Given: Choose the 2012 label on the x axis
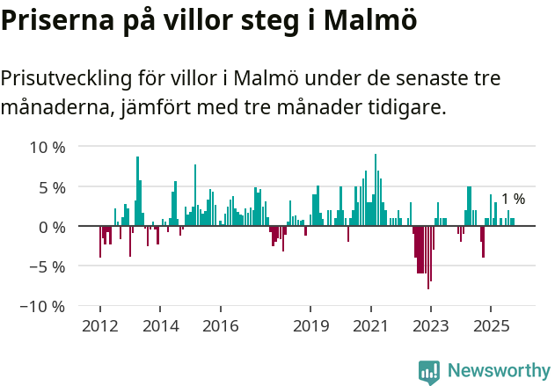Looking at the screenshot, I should tap(99, 326).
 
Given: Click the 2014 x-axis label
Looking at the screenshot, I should tap(160, 326).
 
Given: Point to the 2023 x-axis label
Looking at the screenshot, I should tap(431, 326).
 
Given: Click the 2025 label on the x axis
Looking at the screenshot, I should tap(491, 326).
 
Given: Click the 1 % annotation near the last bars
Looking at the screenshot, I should tap(513, 199).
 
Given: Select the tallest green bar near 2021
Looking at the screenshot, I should tap(376, 190).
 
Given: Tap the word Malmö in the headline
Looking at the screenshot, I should tap(366, 20).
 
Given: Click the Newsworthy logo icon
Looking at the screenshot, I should tap(429, 372).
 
